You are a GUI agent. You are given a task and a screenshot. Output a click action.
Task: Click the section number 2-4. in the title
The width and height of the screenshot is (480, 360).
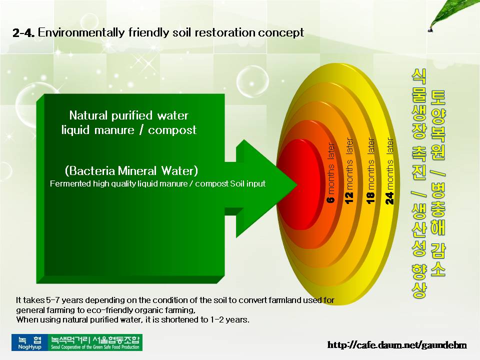click(x=23, y=32)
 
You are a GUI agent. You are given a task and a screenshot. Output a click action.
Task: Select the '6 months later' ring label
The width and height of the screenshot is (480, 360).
click(x=331, y=172)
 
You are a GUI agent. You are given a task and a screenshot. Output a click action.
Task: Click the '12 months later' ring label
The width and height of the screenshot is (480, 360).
click(x=349, y=170)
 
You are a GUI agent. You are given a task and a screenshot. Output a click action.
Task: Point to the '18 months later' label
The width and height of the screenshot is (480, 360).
click(x=370, y=170)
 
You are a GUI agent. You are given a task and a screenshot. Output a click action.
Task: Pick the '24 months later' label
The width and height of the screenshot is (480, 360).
click(x=389, y=171)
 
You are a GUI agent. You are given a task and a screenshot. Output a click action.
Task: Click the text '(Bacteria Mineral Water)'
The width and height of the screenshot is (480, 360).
click(x=131, y=170)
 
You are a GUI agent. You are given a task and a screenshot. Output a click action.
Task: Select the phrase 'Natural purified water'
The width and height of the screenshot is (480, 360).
click(x=129, y=115)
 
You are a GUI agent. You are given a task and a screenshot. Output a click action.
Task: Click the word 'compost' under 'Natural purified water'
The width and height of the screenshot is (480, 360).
click(x=172, y=130)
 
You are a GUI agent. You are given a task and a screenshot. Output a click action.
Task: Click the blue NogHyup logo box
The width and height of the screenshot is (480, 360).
click(x=29, y=342)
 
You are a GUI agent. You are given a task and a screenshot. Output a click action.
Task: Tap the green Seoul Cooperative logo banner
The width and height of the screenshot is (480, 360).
click(x=95, y=342)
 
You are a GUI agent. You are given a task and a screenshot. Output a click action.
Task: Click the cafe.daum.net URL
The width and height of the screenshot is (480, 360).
click(x=397, y=345)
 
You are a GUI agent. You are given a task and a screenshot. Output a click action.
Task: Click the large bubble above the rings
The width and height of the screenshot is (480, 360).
click(x=252, y=81)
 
